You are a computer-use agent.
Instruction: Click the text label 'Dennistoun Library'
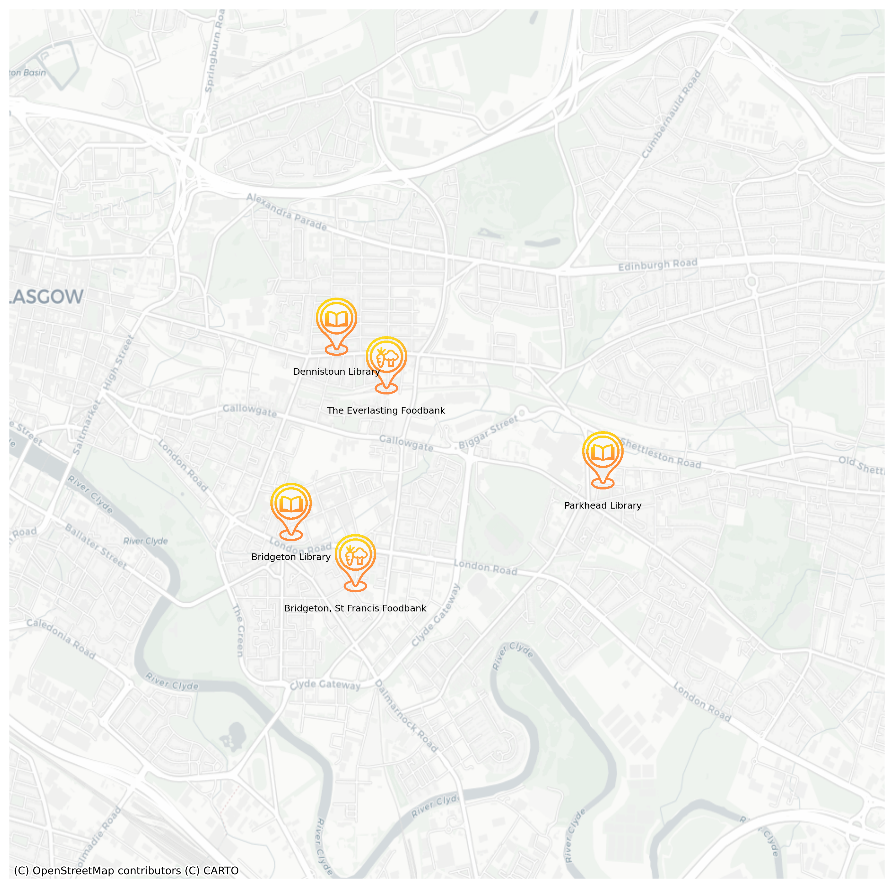tap(336, 372)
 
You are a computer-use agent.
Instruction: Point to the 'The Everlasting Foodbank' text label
tap(386, 411)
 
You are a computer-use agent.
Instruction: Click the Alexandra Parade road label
tap(287, 212)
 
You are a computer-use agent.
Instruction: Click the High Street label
tap(119, 362)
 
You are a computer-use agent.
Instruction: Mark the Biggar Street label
tap(488, 432)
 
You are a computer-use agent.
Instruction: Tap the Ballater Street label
tap(95, 546)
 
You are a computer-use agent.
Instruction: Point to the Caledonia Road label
tap(61, 639)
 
